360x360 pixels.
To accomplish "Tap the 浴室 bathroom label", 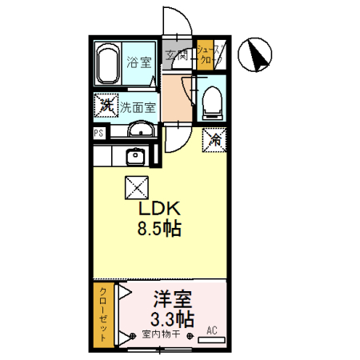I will pos(139,63).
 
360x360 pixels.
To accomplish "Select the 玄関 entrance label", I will pos(178,55).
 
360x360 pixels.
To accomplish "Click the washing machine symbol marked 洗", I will pos(105,104).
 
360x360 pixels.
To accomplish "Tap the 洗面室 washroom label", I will pos(138,106).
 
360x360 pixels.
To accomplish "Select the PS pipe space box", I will pos(98,134).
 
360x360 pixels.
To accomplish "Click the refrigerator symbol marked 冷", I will pos(214,138).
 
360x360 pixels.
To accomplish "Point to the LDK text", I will pos(159,208).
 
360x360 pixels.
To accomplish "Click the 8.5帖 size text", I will pos(159,228).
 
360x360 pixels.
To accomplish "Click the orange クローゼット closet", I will pos(102,315).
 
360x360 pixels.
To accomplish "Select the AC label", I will pos(212,330).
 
